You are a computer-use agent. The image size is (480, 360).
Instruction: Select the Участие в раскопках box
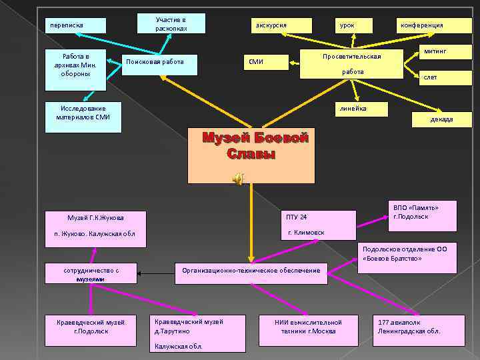tap(171, 24)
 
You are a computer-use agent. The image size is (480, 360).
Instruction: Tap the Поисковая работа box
tap(161, 63)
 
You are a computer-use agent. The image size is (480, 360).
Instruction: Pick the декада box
tap(437, 119)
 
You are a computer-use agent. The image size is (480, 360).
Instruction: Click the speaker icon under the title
tap(238, 177)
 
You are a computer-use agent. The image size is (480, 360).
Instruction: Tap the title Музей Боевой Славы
tap(255, 145)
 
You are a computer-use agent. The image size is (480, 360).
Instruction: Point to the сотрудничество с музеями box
tap(91, 274)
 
